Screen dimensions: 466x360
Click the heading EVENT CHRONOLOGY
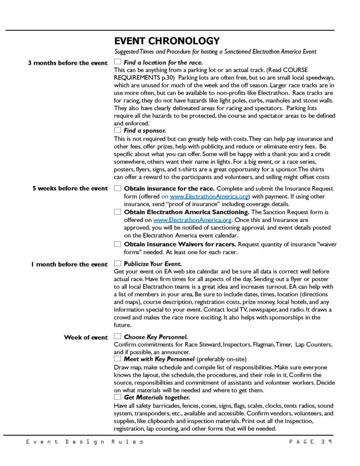167,41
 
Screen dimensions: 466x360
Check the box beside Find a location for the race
118,62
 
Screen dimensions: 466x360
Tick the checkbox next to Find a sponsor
118,130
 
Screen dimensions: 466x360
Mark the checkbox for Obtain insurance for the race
118,188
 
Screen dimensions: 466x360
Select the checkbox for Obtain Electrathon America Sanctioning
118,212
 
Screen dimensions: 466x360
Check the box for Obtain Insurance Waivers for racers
118,244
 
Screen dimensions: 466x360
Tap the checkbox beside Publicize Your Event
118,263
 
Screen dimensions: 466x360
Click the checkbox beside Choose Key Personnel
118,337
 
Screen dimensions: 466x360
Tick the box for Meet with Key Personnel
118,359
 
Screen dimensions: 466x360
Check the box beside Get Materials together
118,397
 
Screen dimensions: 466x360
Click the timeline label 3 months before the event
68,63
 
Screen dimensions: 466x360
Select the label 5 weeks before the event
70,188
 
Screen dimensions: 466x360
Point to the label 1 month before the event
69,264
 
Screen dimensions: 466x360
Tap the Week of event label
86,337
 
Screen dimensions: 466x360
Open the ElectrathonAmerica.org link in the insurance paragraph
209,196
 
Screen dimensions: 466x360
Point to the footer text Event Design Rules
85,441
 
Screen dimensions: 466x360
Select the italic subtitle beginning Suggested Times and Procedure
215,51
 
